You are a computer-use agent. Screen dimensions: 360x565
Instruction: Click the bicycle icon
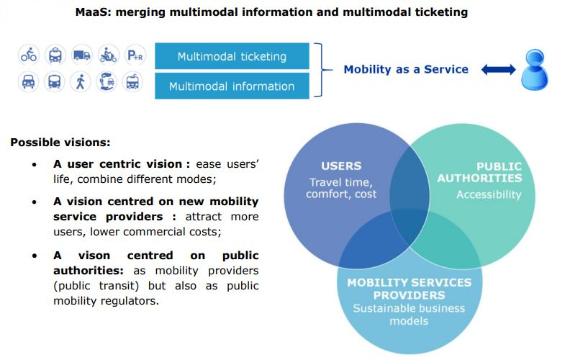(x=29, y=55)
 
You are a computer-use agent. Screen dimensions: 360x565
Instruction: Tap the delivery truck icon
(x=81, y=55)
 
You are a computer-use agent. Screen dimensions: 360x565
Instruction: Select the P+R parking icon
(x=134, y=55)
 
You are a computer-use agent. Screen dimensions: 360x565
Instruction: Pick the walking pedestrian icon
(x=81, y=82)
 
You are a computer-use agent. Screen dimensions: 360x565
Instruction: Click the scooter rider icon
(x=108, y=55)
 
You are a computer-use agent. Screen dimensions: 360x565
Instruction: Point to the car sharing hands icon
(x=108, y=82)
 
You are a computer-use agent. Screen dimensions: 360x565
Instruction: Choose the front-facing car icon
(x=29, y=82)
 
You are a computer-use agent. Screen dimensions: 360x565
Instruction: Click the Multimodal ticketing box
(x=232, y=56)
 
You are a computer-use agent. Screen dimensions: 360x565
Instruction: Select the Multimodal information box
(x=232, y=86)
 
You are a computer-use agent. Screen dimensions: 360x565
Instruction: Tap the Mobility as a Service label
(x=406, y=70)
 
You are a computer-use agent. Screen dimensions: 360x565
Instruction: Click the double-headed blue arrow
(x=498, y=70)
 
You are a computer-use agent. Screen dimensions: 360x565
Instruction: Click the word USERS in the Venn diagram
(x=341, y=166)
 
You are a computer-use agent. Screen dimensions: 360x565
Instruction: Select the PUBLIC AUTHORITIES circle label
(x=479, y=173)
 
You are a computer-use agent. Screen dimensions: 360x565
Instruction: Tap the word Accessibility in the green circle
(x=488, y=194)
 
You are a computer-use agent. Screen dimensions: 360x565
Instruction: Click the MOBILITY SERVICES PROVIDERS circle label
(x=409, y=289)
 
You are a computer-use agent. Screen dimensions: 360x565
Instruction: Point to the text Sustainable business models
(x=409, y=315)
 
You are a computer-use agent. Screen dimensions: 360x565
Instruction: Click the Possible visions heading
(x=60, y=143)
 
